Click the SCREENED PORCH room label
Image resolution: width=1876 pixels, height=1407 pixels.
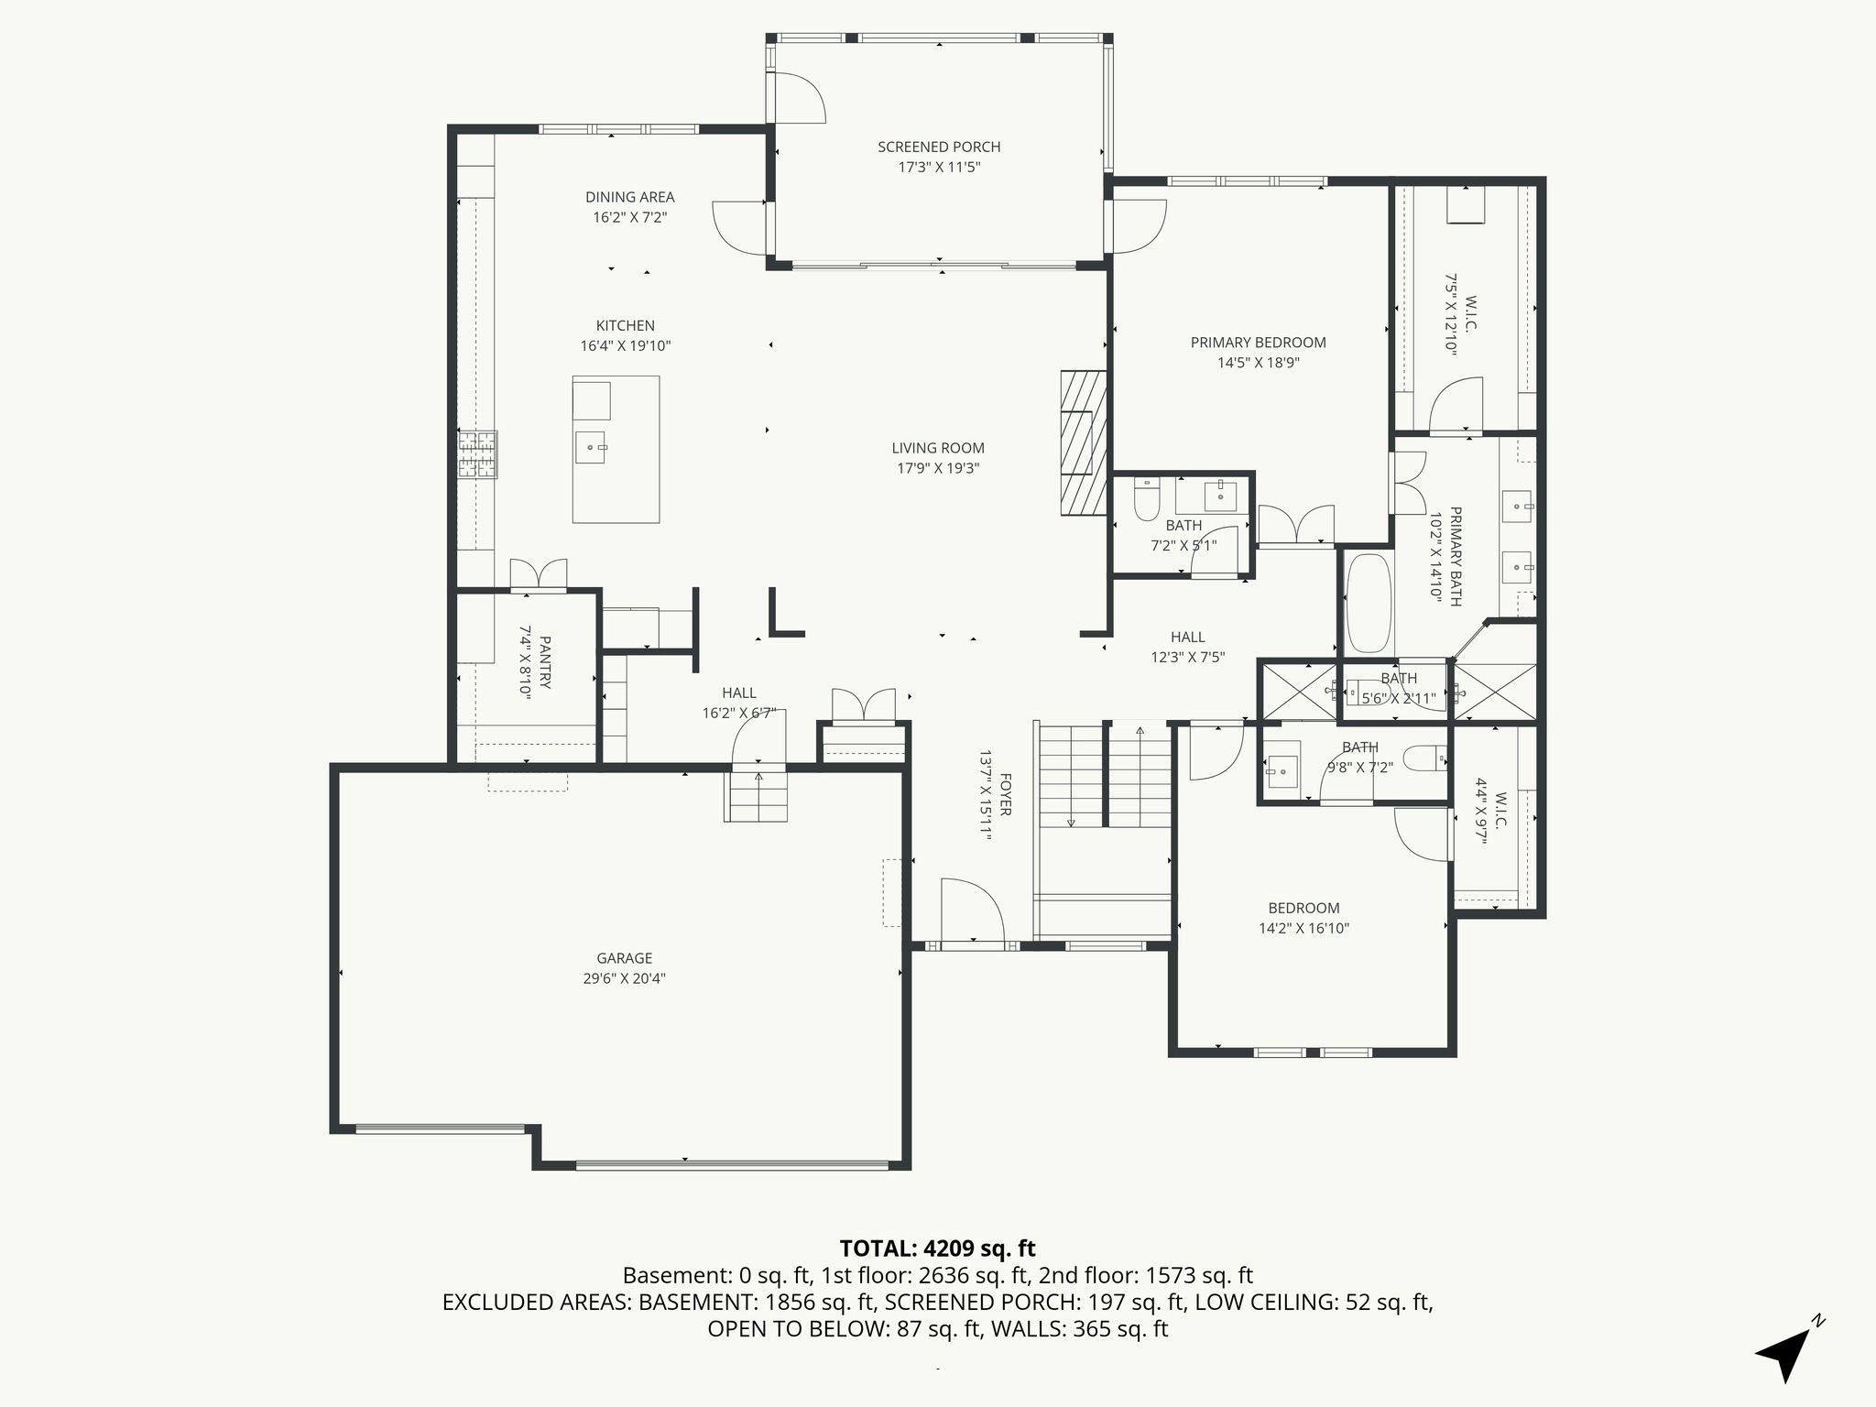[939, 147]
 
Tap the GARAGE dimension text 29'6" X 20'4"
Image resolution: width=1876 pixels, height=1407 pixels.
[625, 978]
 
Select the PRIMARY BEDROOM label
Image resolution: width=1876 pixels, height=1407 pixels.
[1258, 343]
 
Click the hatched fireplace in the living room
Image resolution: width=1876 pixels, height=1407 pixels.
[1084, 442]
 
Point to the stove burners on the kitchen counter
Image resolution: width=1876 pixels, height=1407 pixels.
[478, 454]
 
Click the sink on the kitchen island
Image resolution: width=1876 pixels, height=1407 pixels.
[592, 448]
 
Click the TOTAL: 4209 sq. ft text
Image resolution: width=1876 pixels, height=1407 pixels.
[937, 1248]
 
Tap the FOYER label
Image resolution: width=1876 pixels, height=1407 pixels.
[1005, 794]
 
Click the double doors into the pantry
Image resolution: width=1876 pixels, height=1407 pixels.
[538, 574]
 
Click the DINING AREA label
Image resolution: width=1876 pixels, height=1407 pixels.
[629, 197]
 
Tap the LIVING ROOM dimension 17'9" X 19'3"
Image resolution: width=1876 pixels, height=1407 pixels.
[938, 468]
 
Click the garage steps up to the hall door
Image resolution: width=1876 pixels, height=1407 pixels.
[758, 796]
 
